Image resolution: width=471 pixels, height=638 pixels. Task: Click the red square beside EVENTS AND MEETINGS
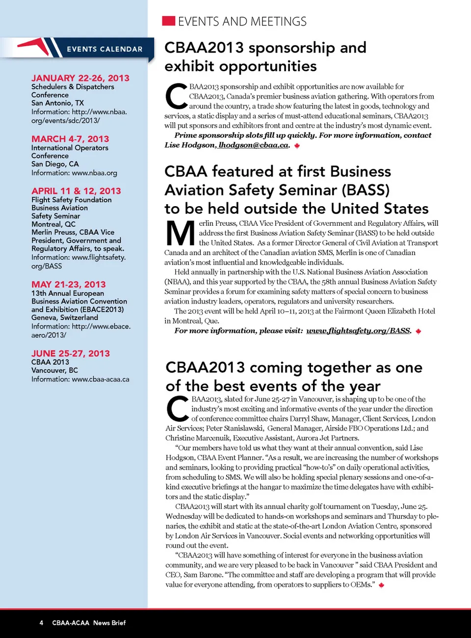coord(168,21)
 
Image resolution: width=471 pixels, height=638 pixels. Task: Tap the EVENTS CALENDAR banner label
coord(105,49)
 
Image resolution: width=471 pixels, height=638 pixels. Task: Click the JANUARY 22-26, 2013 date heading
coord(80,78)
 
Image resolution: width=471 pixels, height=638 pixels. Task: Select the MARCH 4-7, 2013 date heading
coord(70,139)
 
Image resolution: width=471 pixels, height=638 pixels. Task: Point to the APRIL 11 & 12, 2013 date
coord(76,191)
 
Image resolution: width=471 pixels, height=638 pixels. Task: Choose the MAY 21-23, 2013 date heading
coord(69,284)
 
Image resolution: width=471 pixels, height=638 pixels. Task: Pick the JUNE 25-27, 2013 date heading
coord(71,353)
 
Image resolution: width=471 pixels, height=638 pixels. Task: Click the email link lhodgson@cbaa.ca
coord(253,145)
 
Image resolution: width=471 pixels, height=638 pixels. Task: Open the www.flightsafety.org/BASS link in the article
coord(358,331)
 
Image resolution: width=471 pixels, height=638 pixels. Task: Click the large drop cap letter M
coord(181,234)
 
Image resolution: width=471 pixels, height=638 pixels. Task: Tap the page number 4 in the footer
coord(41,623)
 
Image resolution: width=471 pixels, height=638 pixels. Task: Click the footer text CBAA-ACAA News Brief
coord(89,623)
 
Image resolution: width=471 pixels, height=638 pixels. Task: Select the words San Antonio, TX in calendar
coord(57,103)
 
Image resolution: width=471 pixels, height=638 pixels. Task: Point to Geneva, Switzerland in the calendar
coord(65,318)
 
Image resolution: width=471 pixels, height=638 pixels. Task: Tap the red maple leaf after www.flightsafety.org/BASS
coord(419,331)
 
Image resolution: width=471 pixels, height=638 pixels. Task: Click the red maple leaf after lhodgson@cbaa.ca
coord(297,146)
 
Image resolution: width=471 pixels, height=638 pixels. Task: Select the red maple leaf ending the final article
coord(381,585)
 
